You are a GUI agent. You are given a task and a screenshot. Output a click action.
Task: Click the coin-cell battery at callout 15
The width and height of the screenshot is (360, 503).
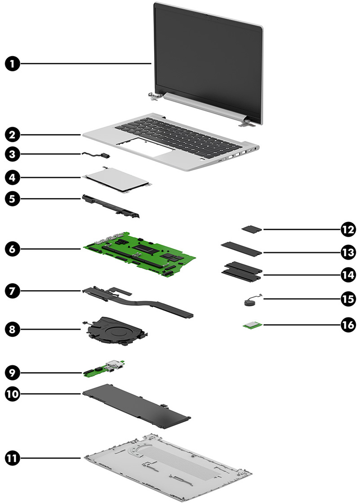[249, 303]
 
